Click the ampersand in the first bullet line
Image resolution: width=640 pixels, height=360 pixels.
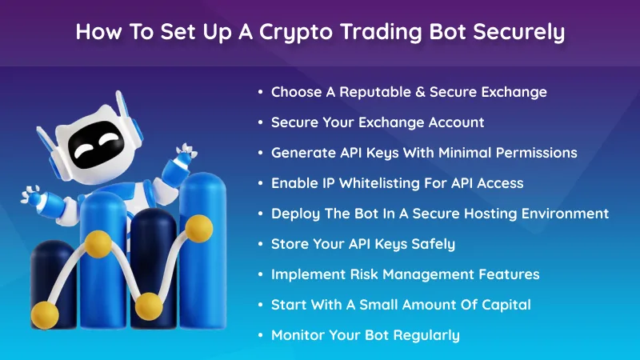pyautogui.click(x=419, y=92)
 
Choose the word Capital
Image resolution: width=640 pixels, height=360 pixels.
pyautogui.click(x=503, y=305)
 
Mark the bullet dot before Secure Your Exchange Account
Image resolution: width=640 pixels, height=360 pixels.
pyautogui.click(x=260, y=122)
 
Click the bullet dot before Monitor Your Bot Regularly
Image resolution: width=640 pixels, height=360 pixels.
pyautogui.click(x=260, y=335)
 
